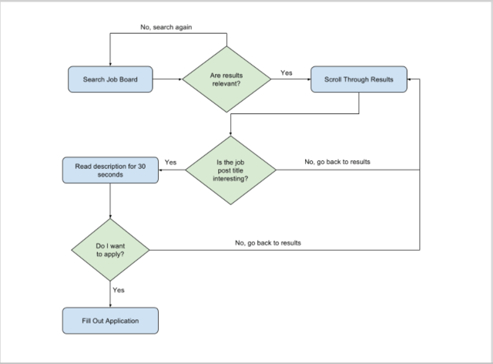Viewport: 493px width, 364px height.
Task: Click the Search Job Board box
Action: click(110, 79)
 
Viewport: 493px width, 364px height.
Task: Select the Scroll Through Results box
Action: click(359, 79)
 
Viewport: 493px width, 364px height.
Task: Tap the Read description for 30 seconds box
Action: click(110, 170)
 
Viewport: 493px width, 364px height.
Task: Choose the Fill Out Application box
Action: click(110, 321)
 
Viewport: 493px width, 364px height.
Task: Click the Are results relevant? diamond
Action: click(226, 79)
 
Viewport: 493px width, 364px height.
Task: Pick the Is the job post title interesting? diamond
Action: click(230, 170)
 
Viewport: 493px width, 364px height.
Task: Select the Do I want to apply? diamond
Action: click(110, 250)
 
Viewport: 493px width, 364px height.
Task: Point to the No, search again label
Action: click(166, 27)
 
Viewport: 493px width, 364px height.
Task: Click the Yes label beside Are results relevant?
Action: click(287, 72)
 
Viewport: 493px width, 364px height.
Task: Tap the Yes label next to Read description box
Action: click(171, 162)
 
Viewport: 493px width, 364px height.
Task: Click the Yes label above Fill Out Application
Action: click(119, 290)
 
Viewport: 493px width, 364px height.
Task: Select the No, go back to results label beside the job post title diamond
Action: click(337, 162)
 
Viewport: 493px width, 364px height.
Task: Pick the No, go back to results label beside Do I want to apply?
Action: click(268, 243)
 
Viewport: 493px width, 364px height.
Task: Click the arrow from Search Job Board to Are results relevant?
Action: click(168, 79)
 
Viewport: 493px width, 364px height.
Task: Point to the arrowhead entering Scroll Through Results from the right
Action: click(409, 79)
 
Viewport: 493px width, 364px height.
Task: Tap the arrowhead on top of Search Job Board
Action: click(110, 64)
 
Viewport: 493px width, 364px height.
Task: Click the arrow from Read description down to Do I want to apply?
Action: click(110, 201)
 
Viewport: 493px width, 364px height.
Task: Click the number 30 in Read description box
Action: click(142, 167)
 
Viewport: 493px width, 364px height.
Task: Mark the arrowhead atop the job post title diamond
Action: click(230, 134)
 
